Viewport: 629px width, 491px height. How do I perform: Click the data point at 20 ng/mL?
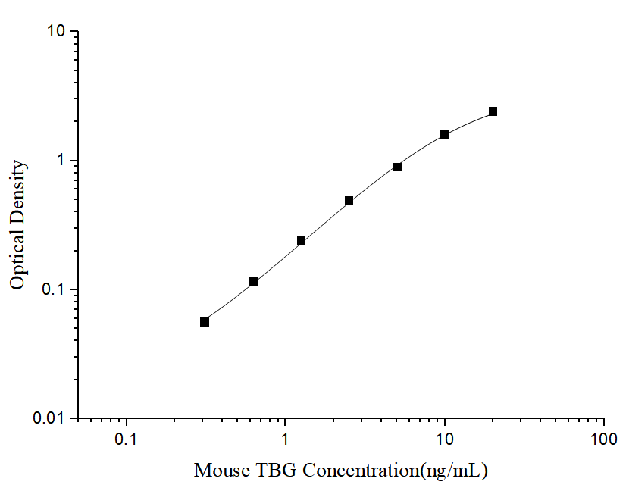[493, 111]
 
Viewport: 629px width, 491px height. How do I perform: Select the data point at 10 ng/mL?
[445, 134]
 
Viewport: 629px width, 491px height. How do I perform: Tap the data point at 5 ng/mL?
[397, 167]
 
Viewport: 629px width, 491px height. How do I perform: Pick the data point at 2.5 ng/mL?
[349, 201]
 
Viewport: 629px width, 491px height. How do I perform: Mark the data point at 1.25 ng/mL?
[301, 241]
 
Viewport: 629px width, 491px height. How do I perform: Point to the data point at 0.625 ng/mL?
[254, 282]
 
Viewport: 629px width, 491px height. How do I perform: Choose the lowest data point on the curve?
[205, 322]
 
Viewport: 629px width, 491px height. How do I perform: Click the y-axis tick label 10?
[58, 32]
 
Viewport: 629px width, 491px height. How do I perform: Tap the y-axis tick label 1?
[63, 161]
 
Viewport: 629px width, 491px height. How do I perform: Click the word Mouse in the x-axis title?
[221, 471]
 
